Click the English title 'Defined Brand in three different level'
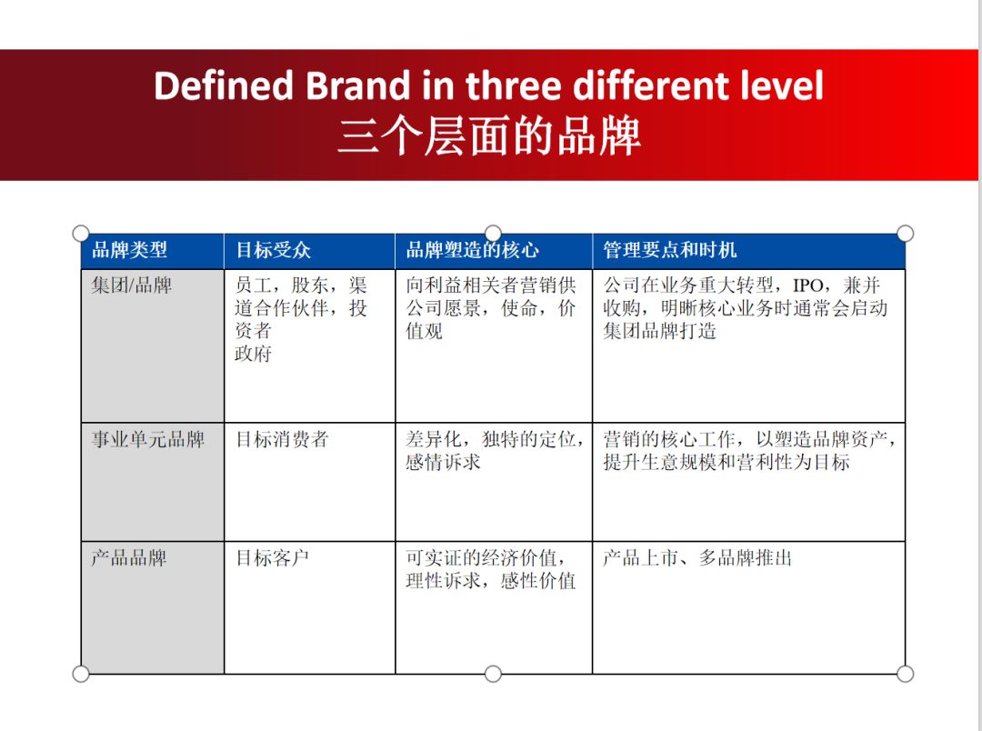(488, 85)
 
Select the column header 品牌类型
(129, 250)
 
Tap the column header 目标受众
(274, 250)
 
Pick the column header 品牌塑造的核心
(472, 250)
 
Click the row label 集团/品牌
(131, 285)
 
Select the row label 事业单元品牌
(147, 440)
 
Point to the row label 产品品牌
(128, 557)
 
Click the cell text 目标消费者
(282, 440)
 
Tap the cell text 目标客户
(273, 557)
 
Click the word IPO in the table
(807, 285)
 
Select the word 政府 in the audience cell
(253, 354)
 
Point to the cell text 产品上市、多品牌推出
(697, 557)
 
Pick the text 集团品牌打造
(659, 331)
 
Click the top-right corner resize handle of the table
(905, 234)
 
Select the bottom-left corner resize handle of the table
(81, 674)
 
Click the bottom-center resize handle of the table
(493, 674)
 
